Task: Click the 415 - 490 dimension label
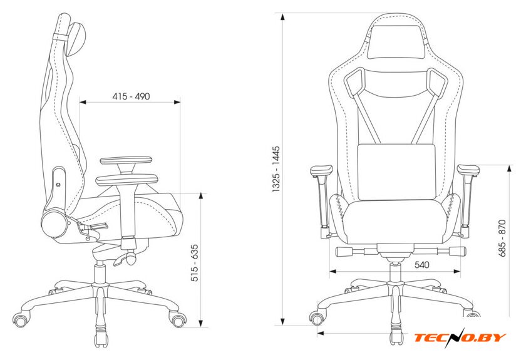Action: [131, 96]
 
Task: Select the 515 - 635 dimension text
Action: [195, 263]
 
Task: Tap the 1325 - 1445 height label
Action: [276, 169]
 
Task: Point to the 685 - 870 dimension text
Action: [502, 238]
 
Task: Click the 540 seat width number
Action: [421, 265]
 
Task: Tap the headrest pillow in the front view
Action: [395, 41]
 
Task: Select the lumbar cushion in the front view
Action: [397, 172]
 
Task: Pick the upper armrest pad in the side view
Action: [126, 161]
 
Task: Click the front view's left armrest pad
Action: [321, 171]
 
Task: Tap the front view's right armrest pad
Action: [468, 170]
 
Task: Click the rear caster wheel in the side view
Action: [20, 320]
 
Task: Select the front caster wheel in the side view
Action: [178, 320]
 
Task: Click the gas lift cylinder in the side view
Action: [100, 274]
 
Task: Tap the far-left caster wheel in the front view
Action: [317, 317]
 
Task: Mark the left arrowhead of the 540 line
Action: [333, 271]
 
